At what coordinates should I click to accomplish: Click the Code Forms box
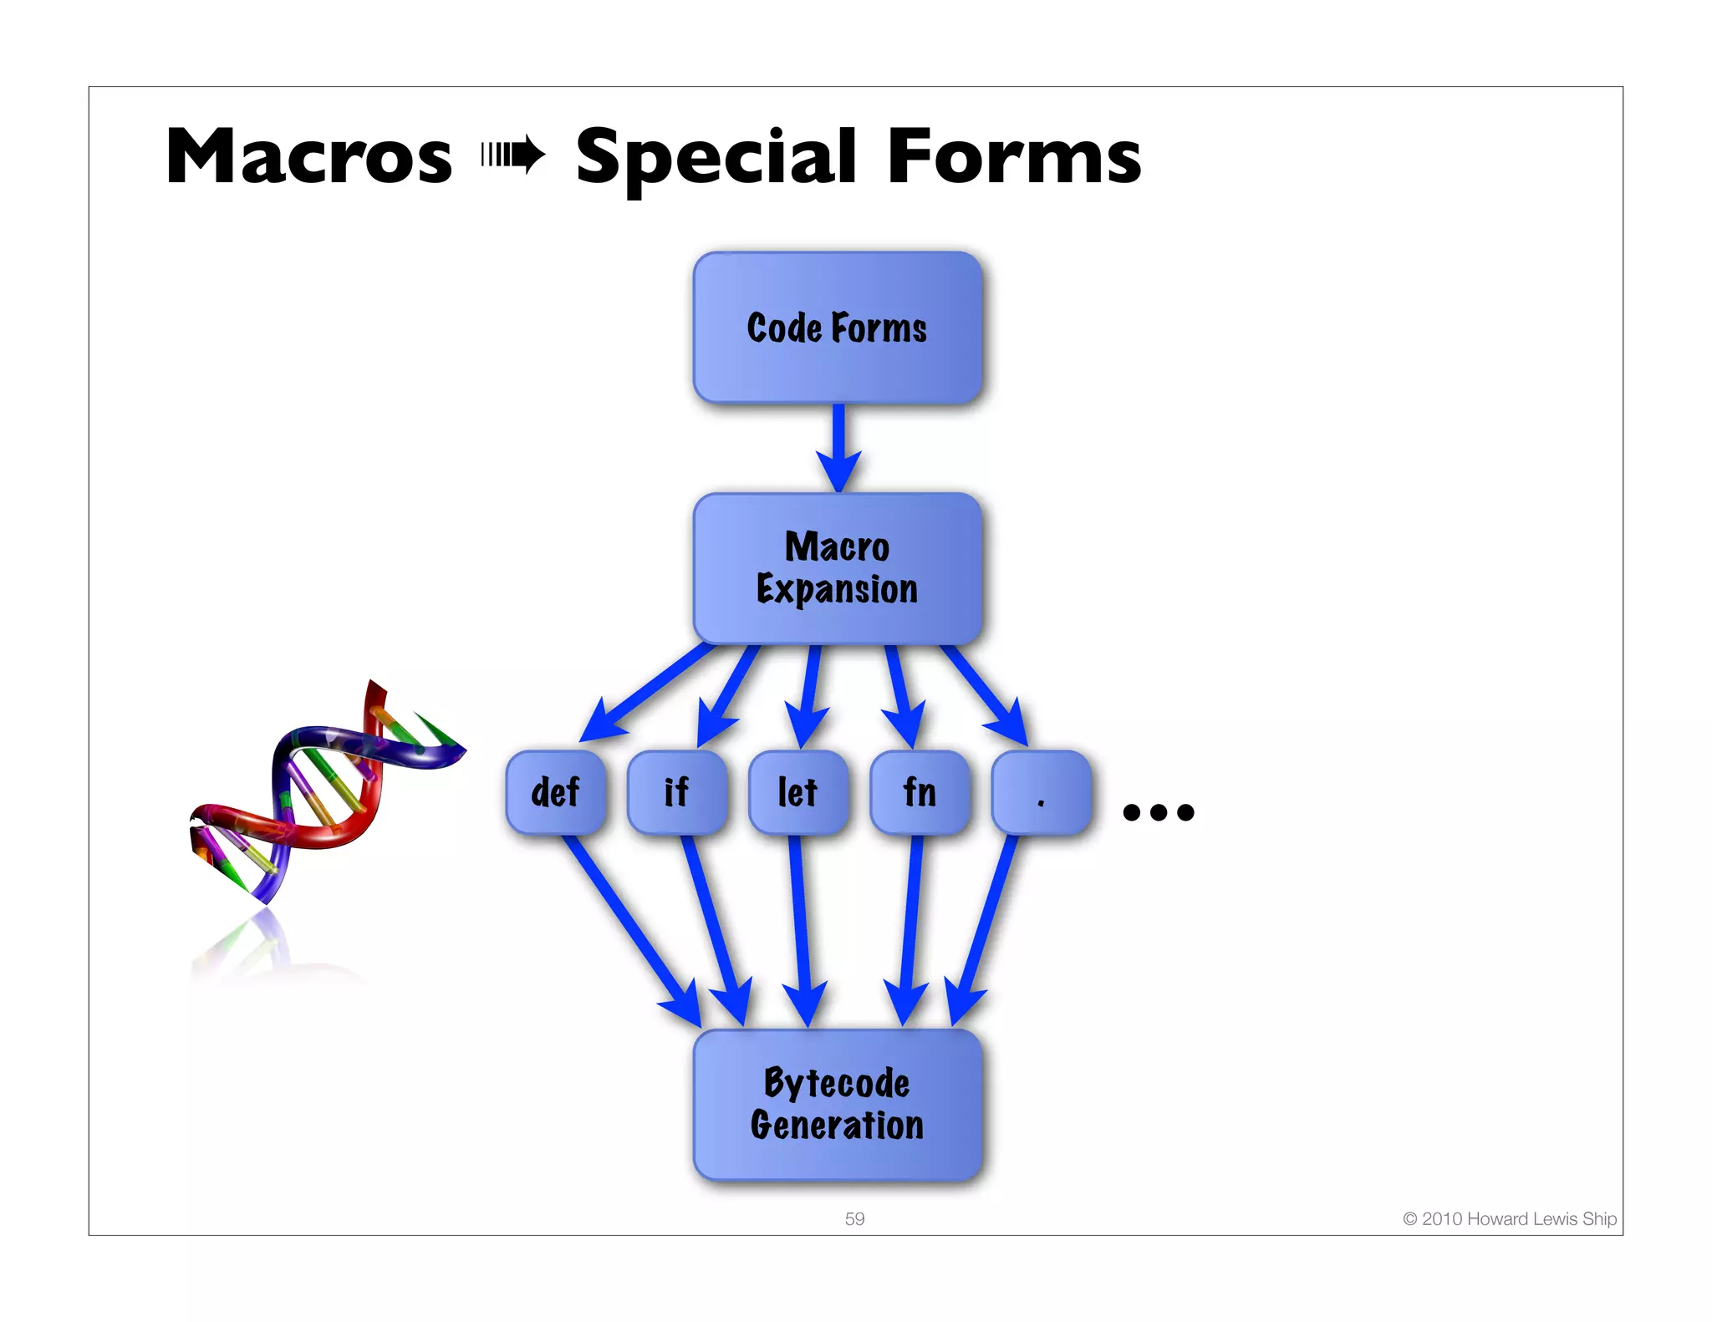tap(837, 328)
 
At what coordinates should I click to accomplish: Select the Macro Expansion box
tap(837, 568)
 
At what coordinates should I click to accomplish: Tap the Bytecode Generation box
tap(837, 1104)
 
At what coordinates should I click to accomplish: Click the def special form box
tap(556, 792)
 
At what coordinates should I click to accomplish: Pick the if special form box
tap(677, 792)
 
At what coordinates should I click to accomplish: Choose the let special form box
tap(798, 792)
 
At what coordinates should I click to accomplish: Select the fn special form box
tap(920, 792)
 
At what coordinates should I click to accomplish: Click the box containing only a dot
tap(1041, 792)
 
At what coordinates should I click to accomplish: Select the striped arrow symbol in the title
tap(513, 155)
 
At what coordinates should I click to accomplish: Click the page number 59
tap(854, 1218)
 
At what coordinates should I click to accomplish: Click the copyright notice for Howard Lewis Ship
tap(1509, 1218)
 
